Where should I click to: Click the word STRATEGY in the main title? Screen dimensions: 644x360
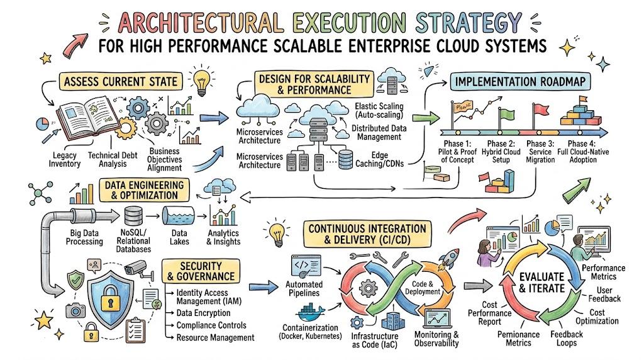[468, 23]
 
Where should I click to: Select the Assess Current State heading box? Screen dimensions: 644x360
[121, 81]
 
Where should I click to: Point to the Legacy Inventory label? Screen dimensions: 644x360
[65, 159]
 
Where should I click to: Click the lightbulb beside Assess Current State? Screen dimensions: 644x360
[202, 81]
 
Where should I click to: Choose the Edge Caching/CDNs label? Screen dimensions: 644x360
[379, 159]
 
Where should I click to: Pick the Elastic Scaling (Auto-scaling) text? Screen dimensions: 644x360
[379, 111]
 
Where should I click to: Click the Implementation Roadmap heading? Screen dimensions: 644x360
[520, 81]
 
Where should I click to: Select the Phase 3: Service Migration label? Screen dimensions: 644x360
[540, 152]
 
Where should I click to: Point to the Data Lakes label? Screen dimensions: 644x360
[179, 237]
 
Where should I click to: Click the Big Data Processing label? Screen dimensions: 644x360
[84, 237]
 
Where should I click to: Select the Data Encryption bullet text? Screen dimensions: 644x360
[203, 313]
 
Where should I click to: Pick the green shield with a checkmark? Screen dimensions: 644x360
[75, 280]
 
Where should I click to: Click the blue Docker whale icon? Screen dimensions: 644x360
[311, 313]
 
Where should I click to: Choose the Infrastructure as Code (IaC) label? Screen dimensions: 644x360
[375, 340]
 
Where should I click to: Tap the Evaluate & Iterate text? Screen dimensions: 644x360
[541, 283]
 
